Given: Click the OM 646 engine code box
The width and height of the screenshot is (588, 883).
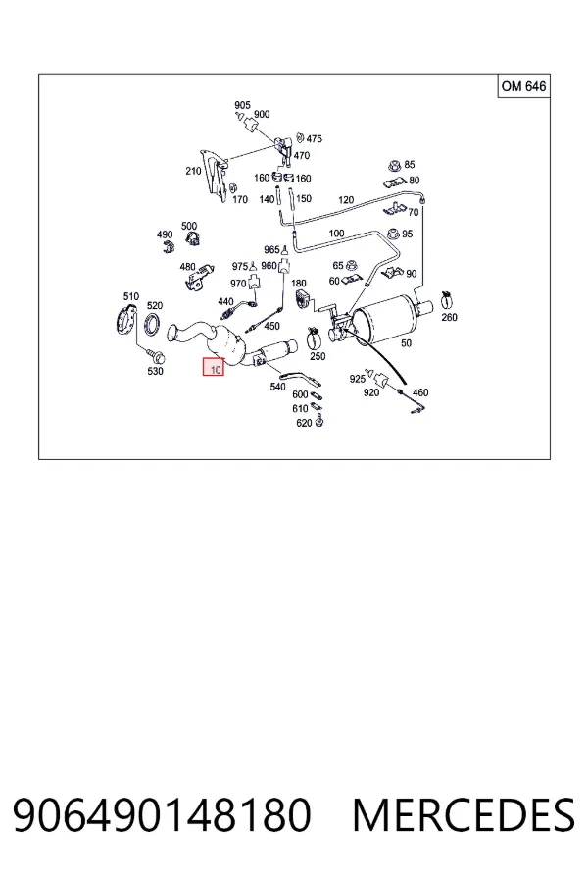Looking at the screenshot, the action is coord(523,86).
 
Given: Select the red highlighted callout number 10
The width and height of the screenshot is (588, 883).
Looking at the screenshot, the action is coord(214,367).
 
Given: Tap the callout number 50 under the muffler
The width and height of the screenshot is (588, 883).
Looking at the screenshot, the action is coord(406,343).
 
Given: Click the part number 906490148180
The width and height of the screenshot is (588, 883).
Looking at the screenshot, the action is coord(162,815).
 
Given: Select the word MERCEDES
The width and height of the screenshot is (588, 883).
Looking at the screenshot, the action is coord(464,815).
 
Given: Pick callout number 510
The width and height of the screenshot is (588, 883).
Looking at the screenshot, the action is coord(131,296).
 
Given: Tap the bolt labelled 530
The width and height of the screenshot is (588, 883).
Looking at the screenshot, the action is coord(156,356).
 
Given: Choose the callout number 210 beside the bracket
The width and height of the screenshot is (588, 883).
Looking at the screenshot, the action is coord(193,170).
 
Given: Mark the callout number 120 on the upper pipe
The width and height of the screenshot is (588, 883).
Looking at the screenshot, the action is coord(346,199).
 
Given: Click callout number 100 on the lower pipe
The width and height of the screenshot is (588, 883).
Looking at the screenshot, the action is coord(336,233).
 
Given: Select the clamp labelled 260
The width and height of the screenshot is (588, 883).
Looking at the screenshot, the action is coord(447,301).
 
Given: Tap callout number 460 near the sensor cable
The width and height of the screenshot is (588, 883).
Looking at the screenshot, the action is coord(420,392).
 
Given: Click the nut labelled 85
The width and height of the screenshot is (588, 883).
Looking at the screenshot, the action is coord(394,165).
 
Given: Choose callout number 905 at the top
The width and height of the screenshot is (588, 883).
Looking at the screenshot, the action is coord(242,105).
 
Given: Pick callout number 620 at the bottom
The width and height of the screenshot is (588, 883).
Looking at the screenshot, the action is coord(304,422).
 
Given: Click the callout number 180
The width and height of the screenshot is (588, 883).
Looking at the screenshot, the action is coord(299,284).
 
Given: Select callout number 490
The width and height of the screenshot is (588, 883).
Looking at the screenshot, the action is coord(165,234).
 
